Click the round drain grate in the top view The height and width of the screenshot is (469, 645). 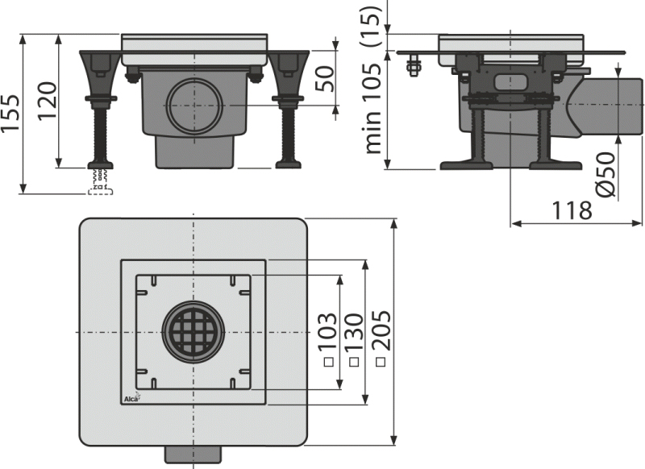pyautogui.click(x=193, y=332)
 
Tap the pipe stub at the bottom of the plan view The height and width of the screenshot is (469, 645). pyautogui.click(x=193, y=454)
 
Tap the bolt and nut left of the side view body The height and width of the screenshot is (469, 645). pyautogui.click(x=414, y=65)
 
